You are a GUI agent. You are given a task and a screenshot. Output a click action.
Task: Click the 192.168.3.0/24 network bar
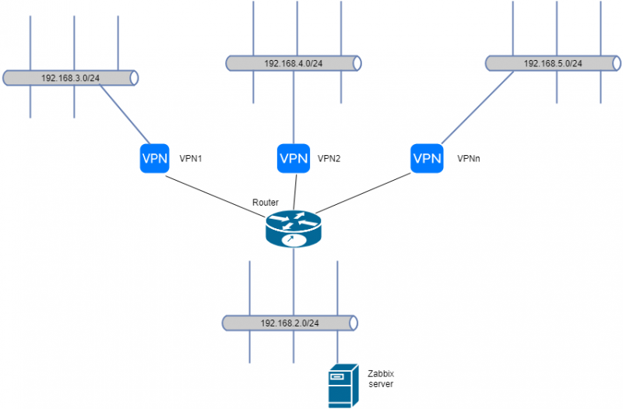tap(70, 78)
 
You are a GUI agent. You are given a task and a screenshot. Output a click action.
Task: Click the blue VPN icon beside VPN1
tap(154, 159)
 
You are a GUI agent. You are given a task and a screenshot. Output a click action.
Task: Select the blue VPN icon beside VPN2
tap(294, 159)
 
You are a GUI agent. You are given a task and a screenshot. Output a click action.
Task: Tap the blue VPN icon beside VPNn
tap(427, 159)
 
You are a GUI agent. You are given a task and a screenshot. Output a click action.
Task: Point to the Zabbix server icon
tap(340, 387)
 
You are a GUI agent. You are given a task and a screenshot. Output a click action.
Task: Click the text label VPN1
tap(192, 158)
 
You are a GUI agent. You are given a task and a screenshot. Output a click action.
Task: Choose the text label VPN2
tap(329, 158)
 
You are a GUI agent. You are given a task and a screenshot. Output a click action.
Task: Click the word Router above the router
tap(266, 203)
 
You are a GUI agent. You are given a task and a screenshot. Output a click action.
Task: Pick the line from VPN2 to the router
tap(294, 191)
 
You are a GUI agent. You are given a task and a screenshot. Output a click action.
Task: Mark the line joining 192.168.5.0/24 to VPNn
tap(475, 108)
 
